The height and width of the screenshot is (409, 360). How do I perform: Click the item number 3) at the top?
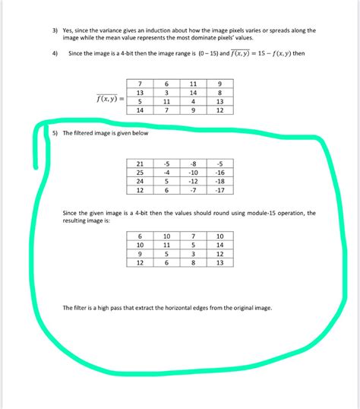[x=46, y=30]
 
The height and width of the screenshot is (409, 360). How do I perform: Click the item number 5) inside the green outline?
[x=55, y=134]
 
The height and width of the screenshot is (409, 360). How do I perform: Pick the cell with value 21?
[x=140, y=163]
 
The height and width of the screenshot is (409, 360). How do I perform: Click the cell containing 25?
[x=140, y=173]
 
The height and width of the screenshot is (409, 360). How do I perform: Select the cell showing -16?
[x=219, y=173]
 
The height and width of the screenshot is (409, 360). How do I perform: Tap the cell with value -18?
[x=219, y=182]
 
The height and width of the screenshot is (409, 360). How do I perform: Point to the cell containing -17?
[x=219, y=191]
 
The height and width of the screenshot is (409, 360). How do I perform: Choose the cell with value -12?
[x=194, y=182]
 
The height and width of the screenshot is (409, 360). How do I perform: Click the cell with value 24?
[x=140, y=182]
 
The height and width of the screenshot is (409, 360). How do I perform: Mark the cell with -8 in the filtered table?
[x=194, y=163]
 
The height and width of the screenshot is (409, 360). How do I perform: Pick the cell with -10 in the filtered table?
[x=194, y=173]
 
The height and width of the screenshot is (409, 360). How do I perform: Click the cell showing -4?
[x=166, y=173]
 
